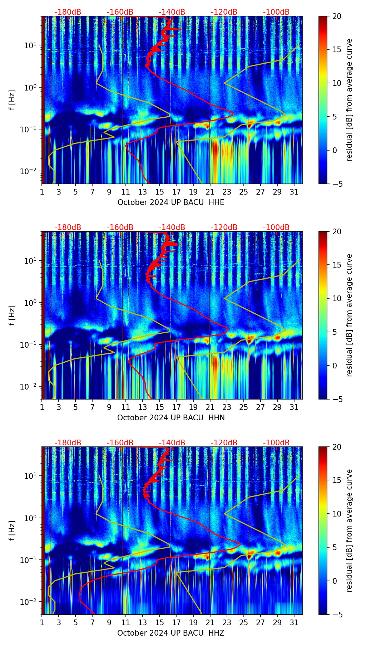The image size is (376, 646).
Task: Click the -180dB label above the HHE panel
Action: click(68, 12)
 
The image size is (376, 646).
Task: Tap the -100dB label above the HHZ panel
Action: click(276, 443)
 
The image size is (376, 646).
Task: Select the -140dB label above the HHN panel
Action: click(172, 227)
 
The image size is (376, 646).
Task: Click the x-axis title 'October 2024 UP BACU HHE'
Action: click(171, 202)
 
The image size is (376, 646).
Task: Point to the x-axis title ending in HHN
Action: click(171, 418)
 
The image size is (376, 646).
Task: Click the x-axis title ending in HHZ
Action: click(171, 633)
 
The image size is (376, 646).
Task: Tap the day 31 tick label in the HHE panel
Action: click(294, 192)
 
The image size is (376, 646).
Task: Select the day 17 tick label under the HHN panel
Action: click(177, 407)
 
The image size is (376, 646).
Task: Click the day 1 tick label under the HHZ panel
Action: click(42, 623)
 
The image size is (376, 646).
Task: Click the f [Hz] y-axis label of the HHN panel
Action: click(12, 315)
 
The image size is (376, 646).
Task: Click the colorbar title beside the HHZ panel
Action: click(350, 530)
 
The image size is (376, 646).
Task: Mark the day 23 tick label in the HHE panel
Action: click(227, 192)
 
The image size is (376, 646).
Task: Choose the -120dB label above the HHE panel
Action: click(224, 12)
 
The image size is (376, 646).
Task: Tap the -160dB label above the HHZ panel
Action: click(120, 443)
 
